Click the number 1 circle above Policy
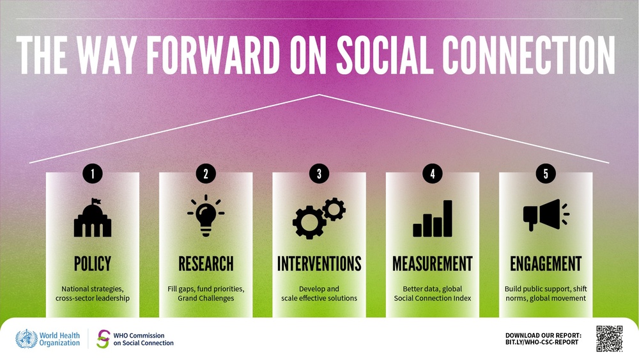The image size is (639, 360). [93, 174]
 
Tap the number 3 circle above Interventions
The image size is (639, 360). [319, 174]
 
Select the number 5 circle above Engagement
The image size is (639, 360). [546, 174]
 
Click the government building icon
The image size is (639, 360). [93, 217]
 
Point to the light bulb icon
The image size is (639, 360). [206, 215]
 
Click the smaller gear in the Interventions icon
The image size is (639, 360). [334, 209]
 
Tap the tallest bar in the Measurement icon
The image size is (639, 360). [447, 218]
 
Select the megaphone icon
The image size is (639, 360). [546, 215]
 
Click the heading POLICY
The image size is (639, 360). [93, 263]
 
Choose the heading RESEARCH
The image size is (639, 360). [206, 263]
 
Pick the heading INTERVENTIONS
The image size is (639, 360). [319, 263]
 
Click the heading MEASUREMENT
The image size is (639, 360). [433, 263]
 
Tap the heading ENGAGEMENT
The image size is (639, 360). [546, 263]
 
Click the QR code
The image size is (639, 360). [609, 338]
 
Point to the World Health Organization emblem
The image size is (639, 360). [26, 339]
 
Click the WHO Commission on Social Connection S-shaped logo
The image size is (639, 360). [103, 339]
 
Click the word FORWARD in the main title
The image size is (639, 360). [213, 55]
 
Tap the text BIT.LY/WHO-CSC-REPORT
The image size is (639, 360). [542, 343]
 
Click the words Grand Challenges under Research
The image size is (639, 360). [206, 298]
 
